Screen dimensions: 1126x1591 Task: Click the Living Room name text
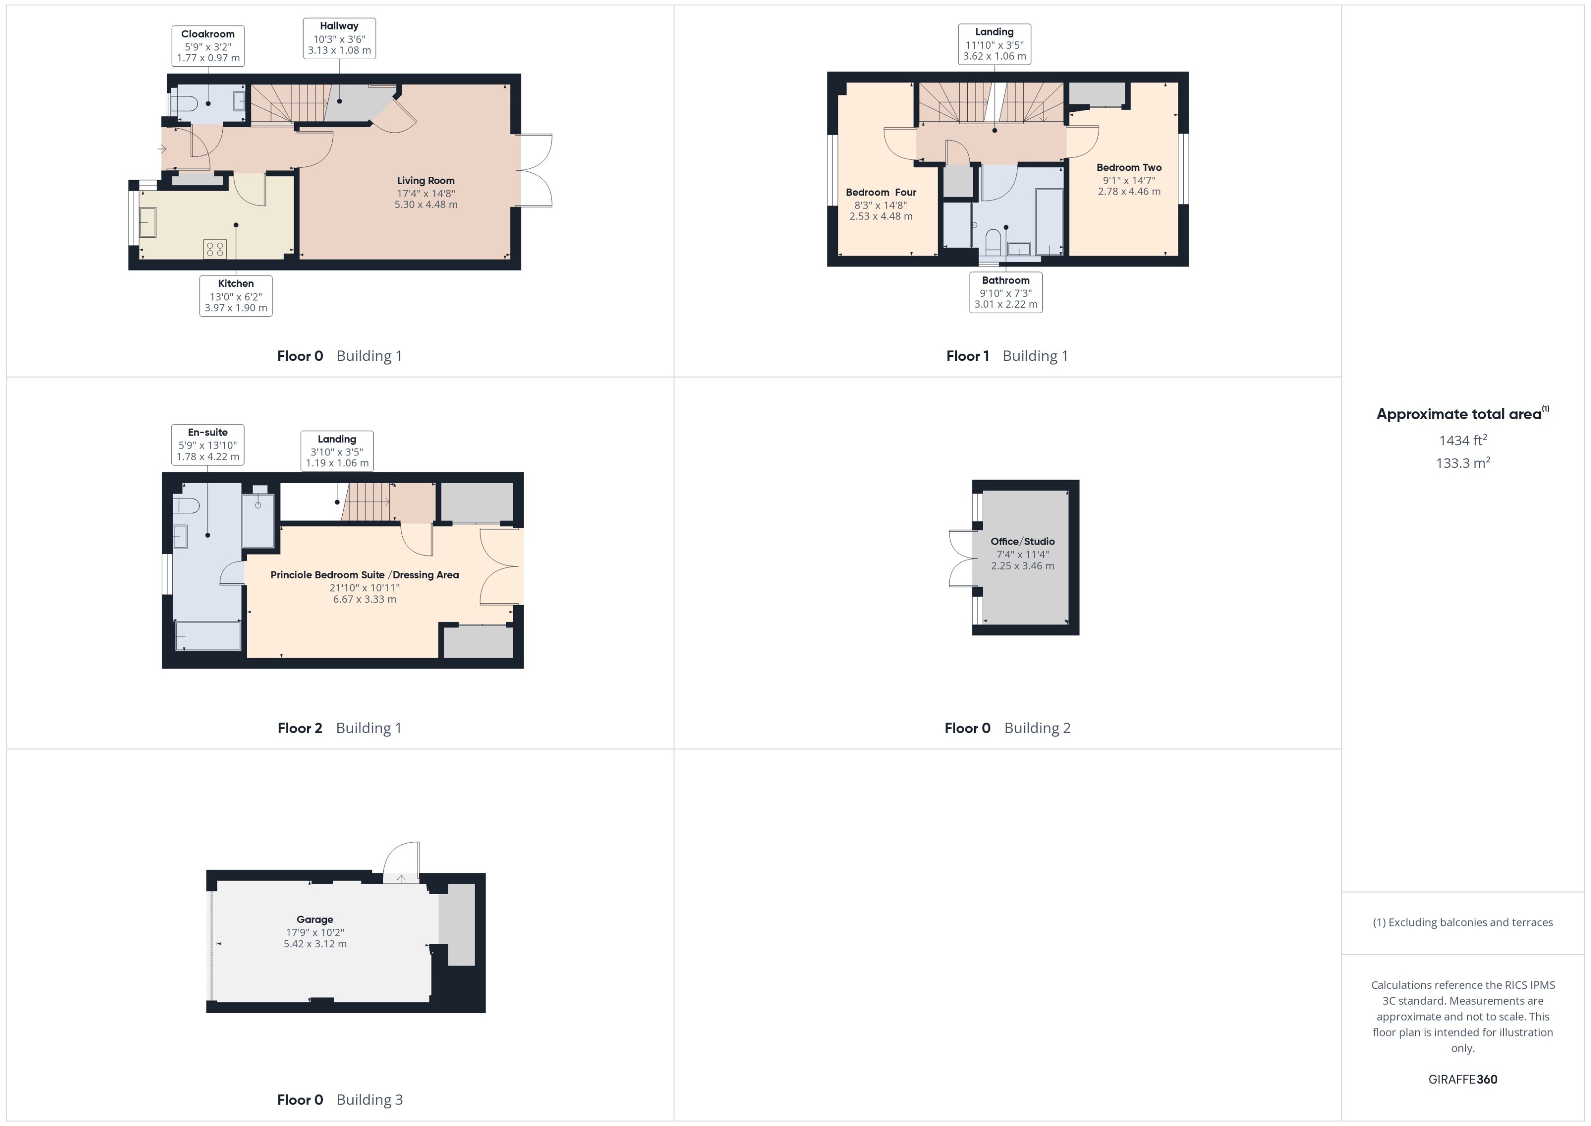coord(425,180)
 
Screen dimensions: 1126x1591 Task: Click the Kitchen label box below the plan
coord(236,295)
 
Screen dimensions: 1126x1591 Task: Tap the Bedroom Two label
coord(1129,167)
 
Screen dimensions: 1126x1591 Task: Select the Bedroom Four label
coord(881,192)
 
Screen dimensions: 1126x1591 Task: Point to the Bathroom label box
coord(1005,292)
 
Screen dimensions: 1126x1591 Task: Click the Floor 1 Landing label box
coord(994,44)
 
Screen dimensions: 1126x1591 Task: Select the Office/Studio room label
coord(1022,541)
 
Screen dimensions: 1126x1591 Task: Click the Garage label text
coord(315,919)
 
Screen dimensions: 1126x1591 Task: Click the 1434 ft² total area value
coord(1463,440)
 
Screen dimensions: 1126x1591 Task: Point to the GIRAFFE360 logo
coord(1463,1080)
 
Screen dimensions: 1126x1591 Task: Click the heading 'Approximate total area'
coord(1459,414)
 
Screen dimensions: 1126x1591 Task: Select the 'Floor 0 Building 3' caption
coord(340,1100)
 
